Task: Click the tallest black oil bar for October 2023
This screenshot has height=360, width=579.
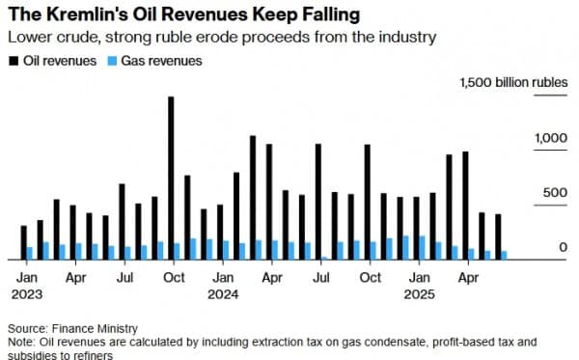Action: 171,179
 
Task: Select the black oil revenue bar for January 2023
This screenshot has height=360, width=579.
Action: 24,243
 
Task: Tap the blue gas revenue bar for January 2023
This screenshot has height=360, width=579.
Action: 30,253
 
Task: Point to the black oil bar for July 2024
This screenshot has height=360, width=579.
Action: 318,202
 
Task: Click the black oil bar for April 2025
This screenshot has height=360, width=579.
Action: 465,206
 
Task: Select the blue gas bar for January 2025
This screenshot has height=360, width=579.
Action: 422,248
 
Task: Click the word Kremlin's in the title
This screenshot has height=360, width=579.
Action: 79,14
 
